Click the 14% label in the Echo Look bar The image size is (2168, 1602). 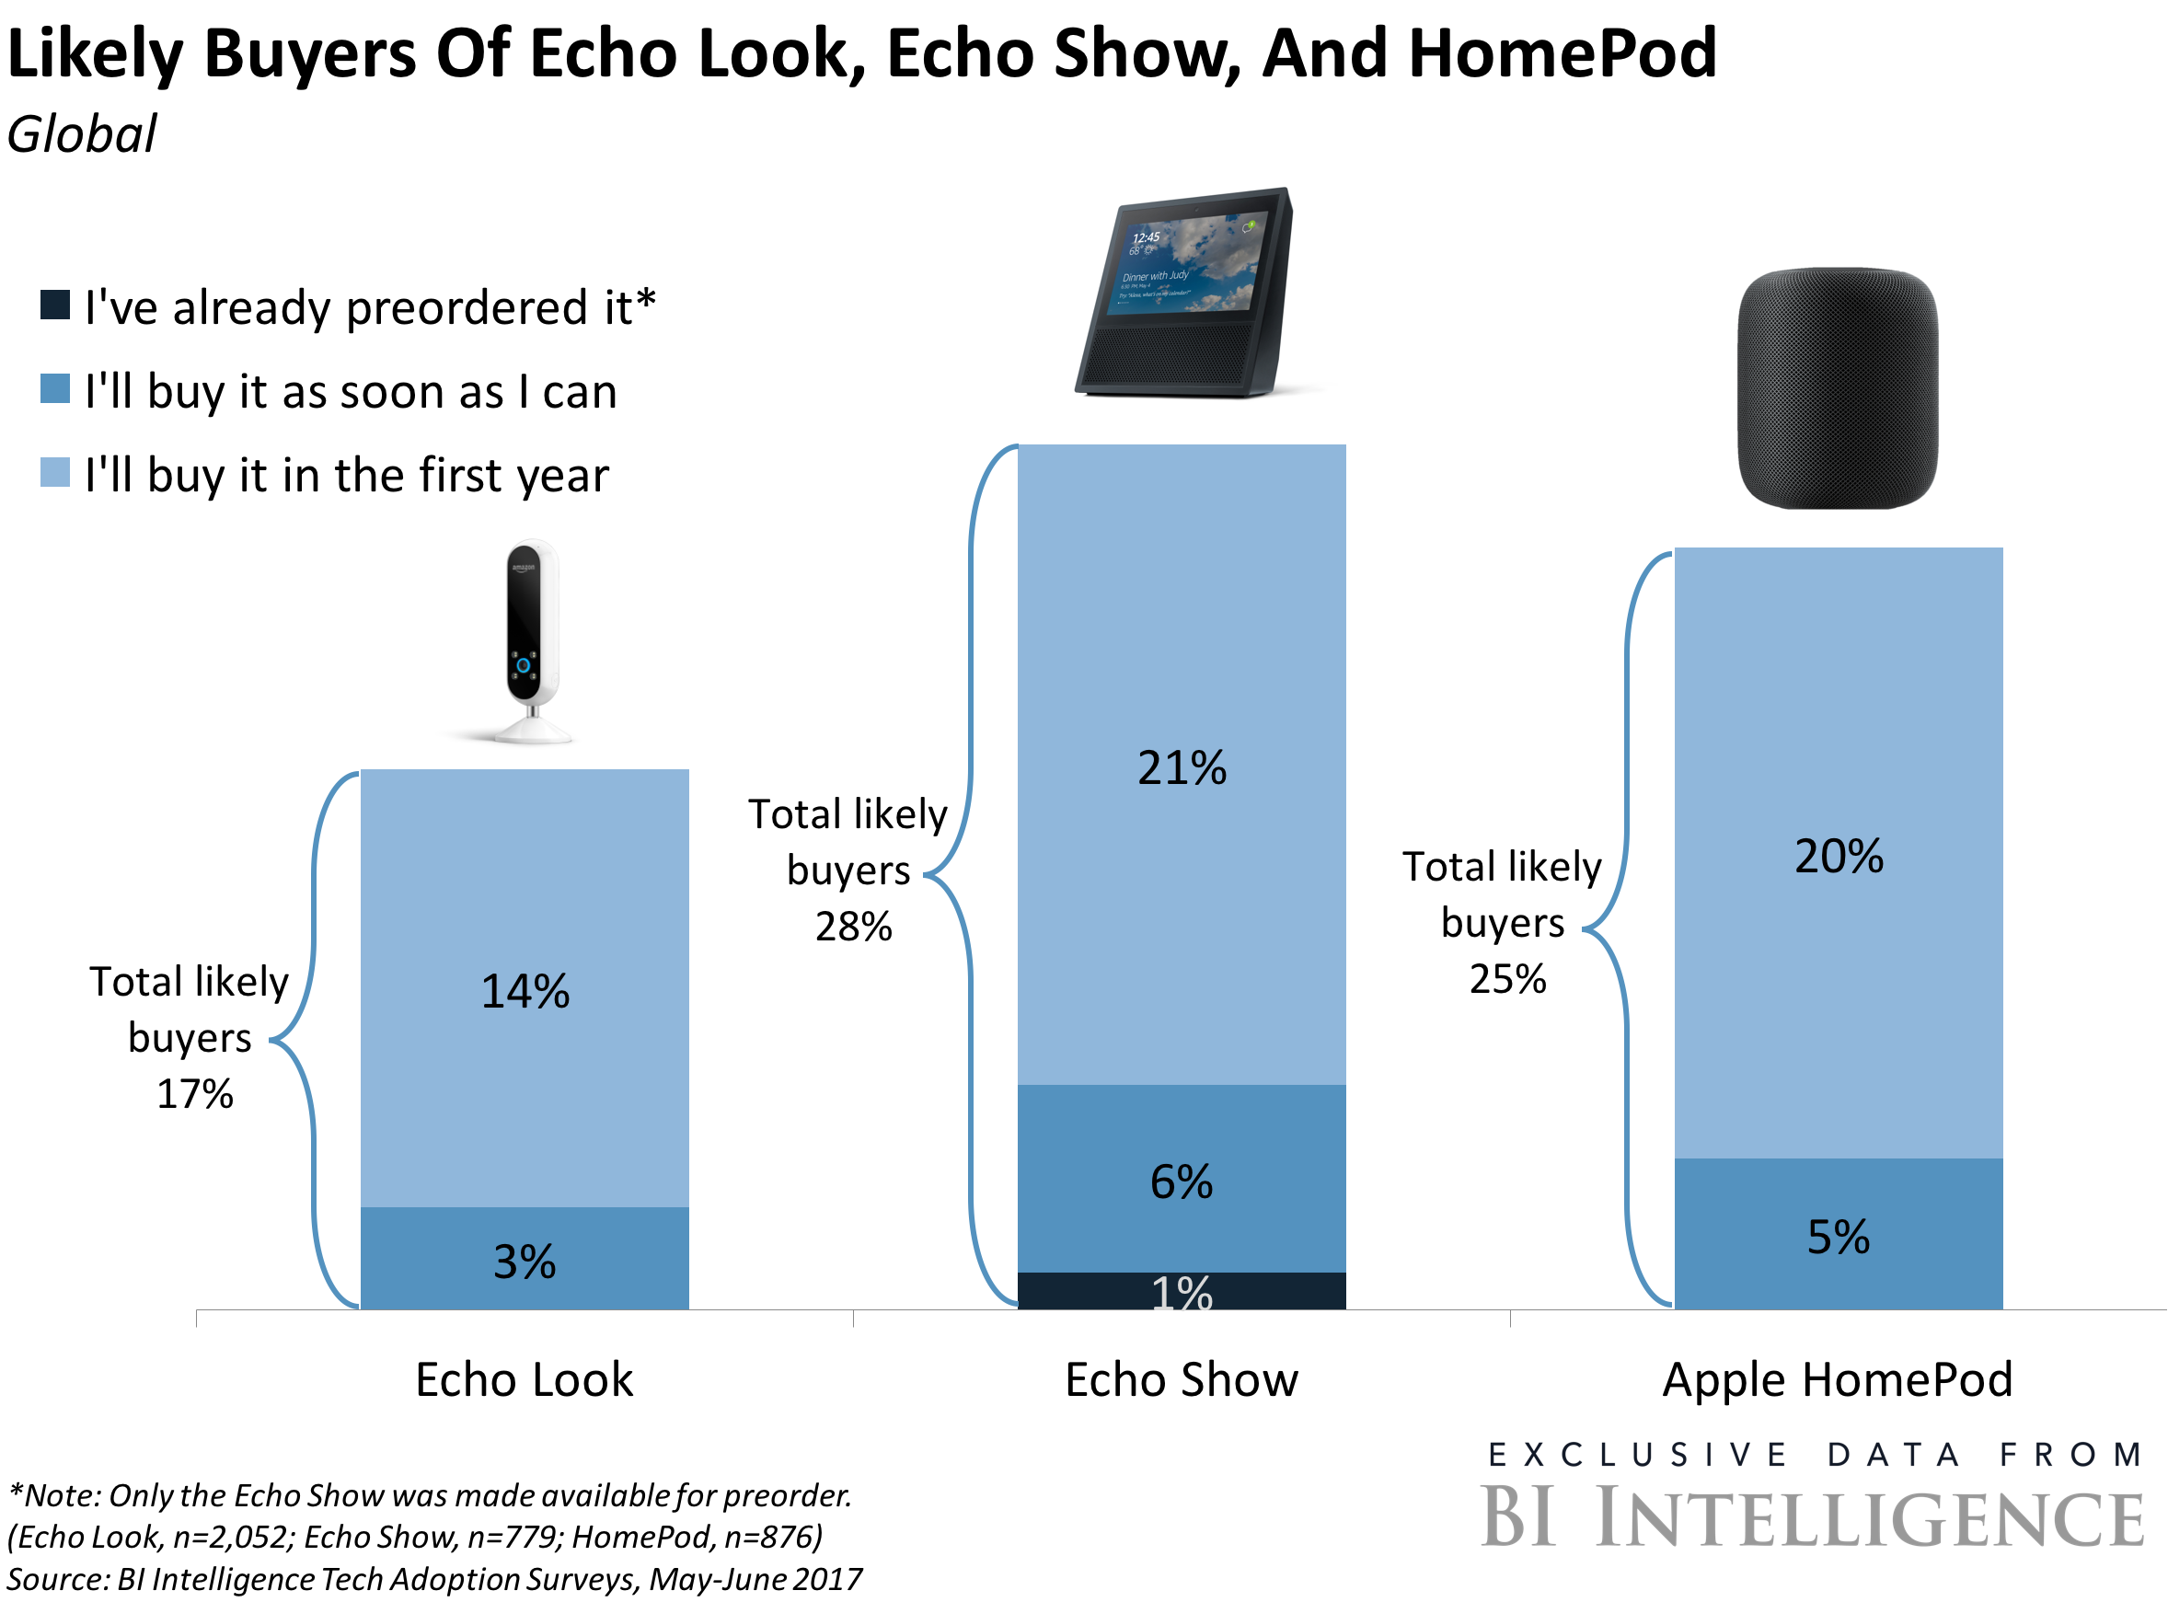[x=525, y=991]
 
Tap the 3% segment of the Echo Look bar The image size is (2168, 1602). [x=525, y=1261]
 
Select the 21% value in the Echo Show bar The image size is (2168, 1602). [x=1181, y=768]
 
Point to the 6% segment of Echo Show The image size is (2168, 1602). [x=1181, y=1181]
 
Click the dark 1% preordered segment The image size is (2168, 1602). [x=1181, y=1292]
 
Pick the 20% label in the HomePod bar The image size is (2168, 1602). [x=1839, y=857]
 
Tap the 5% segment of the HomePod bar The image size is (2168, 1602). [x=1839, y=1237]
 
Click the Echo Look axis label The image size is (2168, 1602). [x=525, y=1379]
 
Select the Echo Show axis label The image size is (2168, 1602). [x=1181, y=1379]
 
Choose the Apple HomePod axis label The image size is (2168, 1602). [x=1839, y=1379]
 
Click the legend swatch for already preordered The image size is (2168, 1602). [x=55, y=305]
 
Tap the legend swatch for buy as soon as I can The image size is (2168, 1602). [x=55, y=389]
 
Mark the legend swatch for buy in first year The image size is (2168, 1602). [x=55, y=472]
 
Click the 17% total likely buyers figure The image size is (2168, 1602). [x=195, y=1095]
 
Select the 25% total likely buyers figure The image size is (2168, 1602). [x=1507, y=979]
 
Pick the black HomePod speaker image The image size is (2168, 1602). [x=1839, y=388]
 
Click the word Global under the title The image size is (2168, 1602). [x=83, y=133]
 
